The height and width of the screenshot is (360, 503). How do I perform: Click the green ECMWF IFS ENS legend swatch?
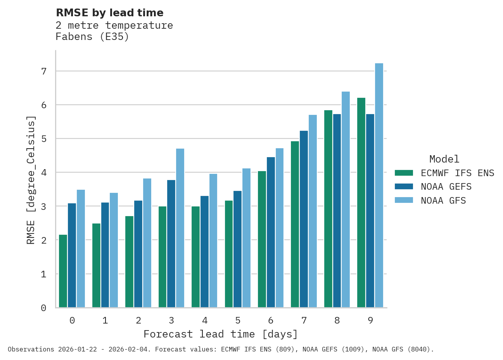click(x=404, y=173)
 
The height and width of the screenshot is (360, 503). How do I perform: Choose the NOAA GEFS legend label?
click(x=446, y=187)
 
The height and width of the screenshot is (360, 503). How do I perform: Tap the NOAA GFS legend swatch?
click(x=404, y=201)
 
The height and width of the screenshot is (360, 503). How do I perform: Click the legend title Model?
click(x=444, y=159)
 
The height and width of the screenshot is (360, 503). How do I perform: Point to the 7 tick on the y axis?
click(x=43, y=71)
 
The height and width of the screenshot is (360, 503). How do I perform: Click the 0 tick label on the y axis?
click(x=43, y=308)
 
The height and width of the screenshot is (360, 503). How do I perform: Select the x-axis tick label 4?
click(x=205, y=320)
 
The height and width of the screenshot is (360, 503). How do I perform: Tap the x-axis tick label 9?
click(x=370, y=320)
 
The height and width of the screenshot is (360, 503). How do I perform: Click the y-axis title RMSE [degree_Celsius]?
click(x=31, y=180)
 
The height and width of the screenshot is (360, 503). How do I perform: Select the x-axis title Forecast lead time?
click(x=220, y=334)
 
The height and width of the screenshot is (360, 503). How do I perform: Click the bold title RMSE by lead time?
click(x=110, y=13)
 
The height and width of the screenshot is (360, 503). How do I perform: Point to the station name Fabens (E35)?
click(x=92, y=37)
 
